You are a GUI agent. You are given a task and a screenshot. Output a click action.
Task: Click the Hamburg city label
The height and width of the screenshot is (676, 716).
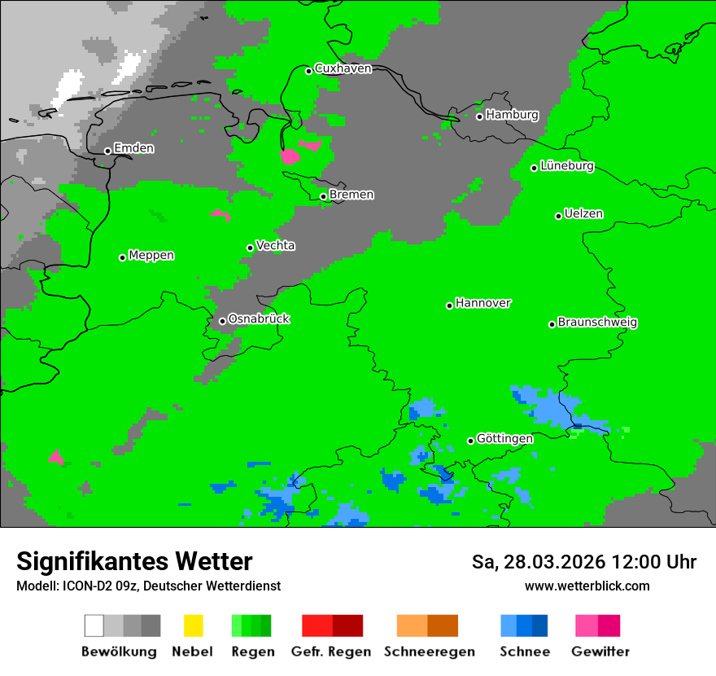click(x=512, y=115)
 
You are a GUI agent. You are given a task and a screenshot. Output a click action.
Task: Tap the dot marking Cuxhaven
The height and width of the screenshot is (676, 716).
click(x=308, y=71)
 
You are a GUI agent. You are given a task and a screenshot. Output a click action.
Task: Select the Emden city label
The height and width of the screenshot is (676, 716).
click(x=133, y=148)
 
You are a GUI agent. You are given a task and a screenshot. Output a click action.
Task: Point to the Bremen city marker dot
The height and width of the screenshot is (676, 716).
click(x=323, y=196)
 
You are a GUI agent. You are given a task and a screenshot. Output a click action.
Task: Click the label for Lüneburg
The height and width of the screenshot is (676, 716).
click(x=567, y=166)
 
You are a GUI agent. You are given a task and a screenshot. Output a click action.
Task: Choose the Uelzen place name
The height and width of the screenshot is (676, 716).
click(x=583, y=214)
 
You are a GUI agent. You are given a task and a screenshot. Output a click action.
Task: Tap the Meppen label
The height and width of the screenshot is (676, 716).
click(x=151, y=255)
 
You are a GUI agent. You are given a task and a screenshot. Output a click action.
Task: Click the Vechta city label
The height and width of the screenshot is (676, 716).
click(x=275, y=245)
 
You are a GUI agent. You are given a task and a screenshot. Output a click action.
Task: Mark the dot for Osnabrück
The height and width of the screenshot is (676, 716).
click(x=222, y=321)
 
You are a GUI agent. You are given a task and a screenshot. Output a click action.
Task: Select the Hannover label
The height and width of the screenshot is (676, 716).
click(x=482, y=303)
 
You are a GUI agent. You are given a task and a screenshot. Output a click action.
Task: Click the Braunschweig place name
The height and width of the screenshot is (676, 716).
click(x=597, y=322)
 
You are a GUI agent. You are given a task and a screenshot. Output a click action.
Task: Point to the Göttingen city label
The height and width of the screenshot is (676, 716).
click(x=504, y=438)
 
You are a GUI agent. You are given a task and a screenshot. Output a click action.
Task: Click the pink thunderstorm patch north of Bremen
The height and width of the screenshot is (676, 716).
click(x=290, y=156)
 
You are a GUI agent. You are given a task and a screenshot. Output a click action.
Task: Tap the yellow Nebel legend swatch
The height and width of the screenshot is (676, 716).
click(x=193, y=626)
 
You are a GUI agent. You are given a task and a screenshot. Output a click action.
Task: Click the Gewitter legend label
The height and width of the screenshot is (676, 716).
click(x=600, y=652)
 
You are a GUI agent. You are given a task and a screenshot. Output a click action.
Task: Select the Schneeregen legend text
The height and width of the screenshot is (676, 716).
click(x=429, y=652)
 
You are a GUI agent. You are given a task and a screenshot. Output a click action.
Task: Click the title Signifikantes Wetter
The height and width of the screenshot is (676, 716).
click(x=134, y=561)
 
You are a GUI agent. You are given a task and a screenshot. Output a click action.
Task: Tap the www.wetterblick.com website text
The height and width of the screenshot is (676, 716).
click(x=587, y=586)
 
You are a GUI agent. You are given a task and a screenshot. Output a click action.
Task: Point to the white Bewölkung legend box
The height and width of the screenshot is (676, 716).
click(x=94, y=626)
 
